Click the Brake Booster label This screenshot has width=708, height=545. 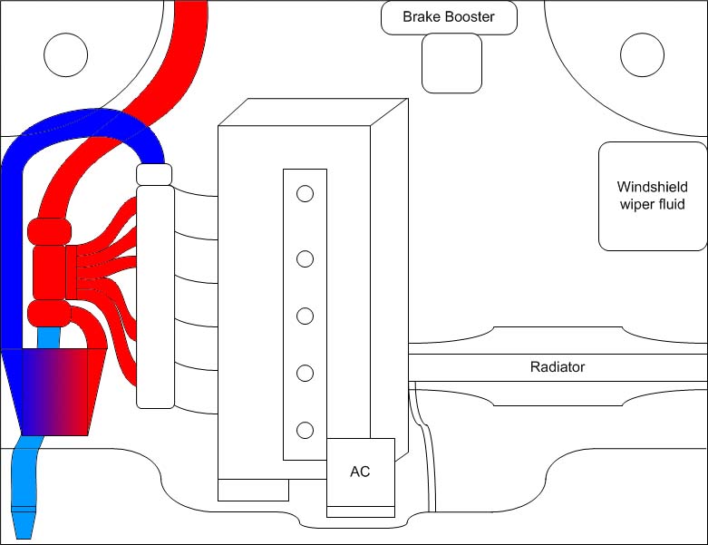tap(449, 17)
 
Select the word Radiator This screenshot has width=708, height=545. tap(557, 367)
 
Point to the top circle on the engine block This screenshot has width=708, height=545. tap(306, 193)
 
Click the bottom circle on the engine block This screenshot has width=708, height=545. tap(306, 429)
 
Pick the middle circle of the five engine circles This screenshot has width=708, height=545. tap(306, 316)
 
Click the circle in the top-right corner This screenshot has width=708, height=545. tap(642, 54)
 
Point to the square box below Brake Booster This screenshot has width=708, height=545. tap(452, 63)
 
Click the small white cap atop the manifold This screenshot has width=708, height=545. tap(154, 173)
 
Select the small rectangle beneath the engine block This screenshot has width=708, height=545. tap(253, 490)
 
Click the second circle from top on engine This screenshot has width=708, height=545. tap(306, 259)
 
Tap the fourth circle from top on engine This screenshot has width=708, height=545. tap(306, 373)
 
